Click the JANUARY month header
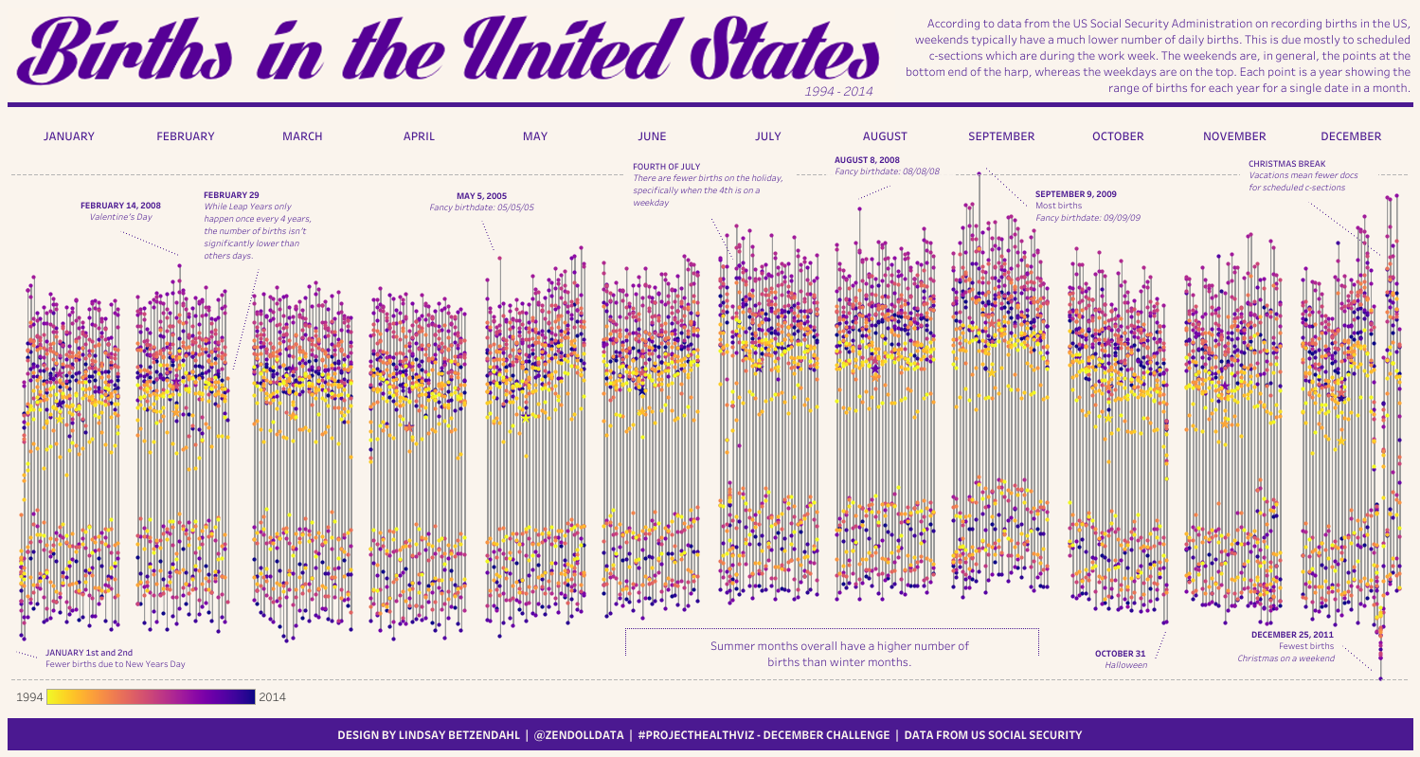click(x=69, y=136)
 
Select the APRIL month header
click(x=419, y=136)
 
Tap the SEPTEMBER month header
click(x=1001, y=136)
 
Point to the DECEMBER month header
click(x=1350, y=136)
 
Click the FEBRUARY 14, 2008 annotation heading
click(x=120, y=205)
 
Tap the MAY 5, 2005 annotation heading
click(x=481, y=196)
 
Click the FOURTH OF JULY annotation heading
click(x=666, y=167)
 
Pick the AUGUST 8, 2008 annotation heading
click(x=867, y=160)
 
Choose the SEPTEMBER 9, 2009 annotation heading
click(x=1075, y=194)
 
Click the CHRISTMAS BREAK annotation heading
click(x=1286, y=164)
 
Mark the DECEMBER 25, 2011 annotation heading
click(x=1292, y=635)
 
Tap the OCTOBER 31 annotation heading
click(x=1120, y=654)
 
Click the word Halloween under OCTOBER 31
click(x=1125, y=666)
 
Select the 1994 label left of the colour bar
click(x=29, y=697)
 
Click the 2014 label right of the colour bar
click(x=272, y=697)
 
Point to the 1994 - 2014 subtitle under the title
click(x=838, y=91)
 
